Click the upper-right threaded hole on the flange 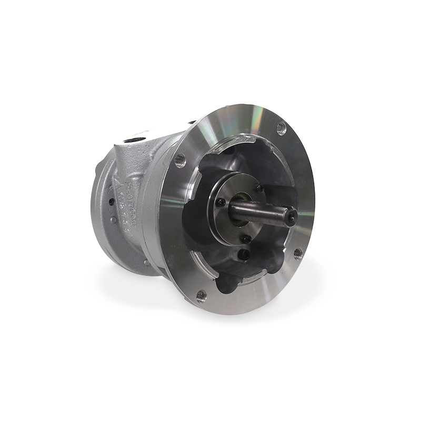(x=281, y=127)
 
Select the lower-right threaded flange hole (x=298, y=254)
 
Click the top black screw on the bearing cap (x=258, y=188)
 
